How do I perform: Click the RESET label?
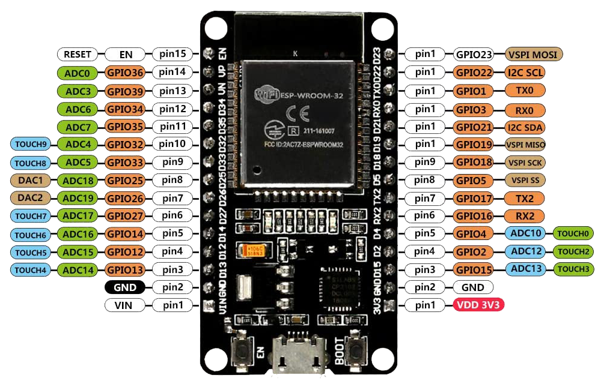78,54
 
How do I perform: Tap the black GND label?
124,287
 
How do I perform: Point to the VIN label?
124,305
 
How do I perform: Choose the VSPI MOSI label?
534,54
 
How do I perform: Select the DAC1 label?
30,180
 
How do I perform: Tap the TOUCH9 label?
30,145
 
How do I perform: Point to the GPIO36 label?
126,73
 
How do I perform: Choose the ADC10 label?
525,233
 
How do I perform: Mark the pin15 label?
172,54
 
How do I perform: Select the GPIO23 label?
474,54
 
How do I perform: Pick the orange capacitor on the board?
251,250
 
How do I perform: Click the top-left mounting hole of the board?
214,28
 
